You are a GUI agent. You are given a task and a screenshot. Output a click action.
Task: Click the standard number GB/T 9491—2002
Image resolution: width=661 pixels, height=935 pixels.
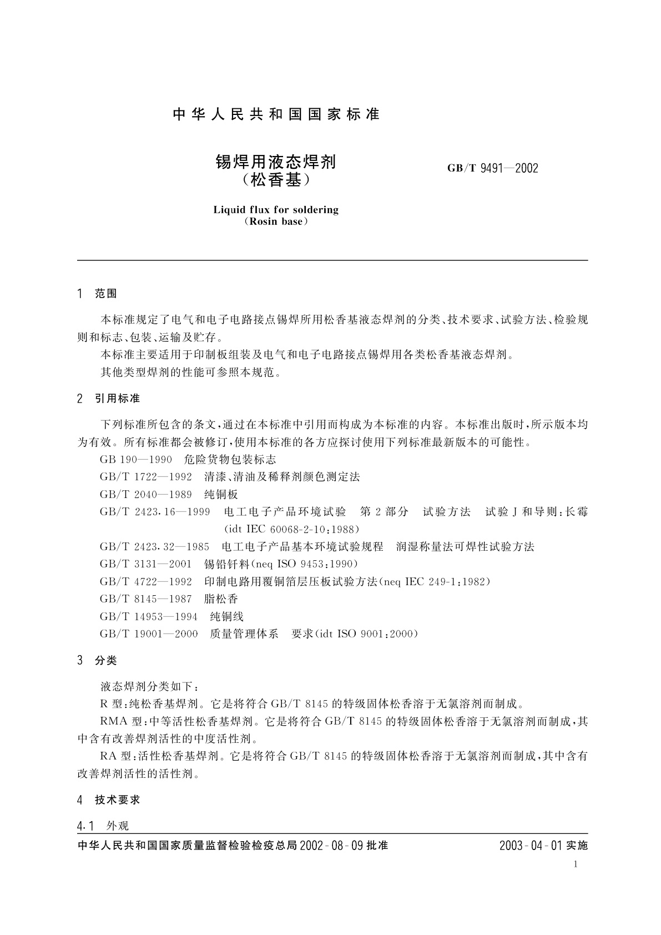[492, 168]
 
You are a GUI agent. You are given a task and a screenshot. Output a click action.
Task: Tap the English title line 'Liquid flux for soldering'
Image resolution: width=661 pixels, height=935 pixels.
[276, 210]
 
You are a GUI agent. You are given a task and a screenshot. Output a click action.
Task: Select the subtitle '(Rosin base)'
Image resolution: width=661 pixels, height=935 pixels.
[276, 222]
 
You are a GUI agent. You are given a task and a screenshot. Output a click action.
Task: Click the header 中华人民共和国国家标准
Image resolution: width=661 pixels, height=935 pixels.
[276, 114]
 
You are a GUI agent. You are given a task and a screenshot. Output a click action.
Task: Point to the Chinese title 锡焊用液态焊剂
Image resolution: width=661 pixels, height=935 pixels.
[276, 162]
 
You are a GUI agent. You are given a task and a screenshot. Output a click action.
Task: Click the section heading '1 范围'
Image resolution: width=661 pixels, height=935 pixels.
[98, 294]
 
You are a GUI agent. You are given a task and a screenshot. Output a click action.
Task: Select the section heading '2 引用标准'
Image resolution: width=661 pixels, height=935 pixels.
[109, 399]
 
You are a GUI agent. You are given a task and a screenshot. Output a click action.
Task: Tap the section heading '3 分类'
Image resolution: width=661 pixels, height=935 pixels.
[98, 661]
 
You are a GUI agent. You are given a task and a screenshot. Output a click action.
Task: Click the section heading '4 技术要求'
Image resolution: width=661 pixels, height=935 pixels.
[109, 800]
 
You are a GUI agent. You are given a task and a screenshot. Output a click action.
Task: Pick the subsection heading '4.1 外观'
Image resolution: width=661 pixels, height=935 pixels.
[103, 826]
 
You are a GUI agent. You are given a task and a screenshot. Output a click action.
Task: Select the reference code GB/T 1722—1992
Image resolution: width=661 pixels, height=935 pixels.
[146, 477]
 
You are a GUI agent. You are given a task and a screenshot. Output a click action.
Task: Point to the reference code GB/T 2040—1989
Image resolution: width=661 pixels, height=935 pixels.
[146, 495]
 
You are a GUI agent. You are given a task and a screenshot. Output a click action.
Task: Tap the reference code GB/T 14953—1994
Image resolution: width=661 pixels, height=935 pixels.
[149, 617]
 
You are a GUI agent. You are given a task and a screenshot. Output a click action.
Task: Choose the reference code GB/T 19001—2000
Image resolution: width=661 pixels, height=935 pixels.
[149, 634]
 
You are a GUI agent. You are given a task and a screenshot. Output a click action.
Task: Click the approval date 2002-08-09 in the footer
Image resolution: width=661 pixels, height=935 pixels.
[331, 846]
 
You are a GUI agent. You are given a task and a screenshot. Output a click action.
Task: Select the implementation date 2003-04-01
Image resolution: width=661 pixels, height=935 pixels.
[531, 846]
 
